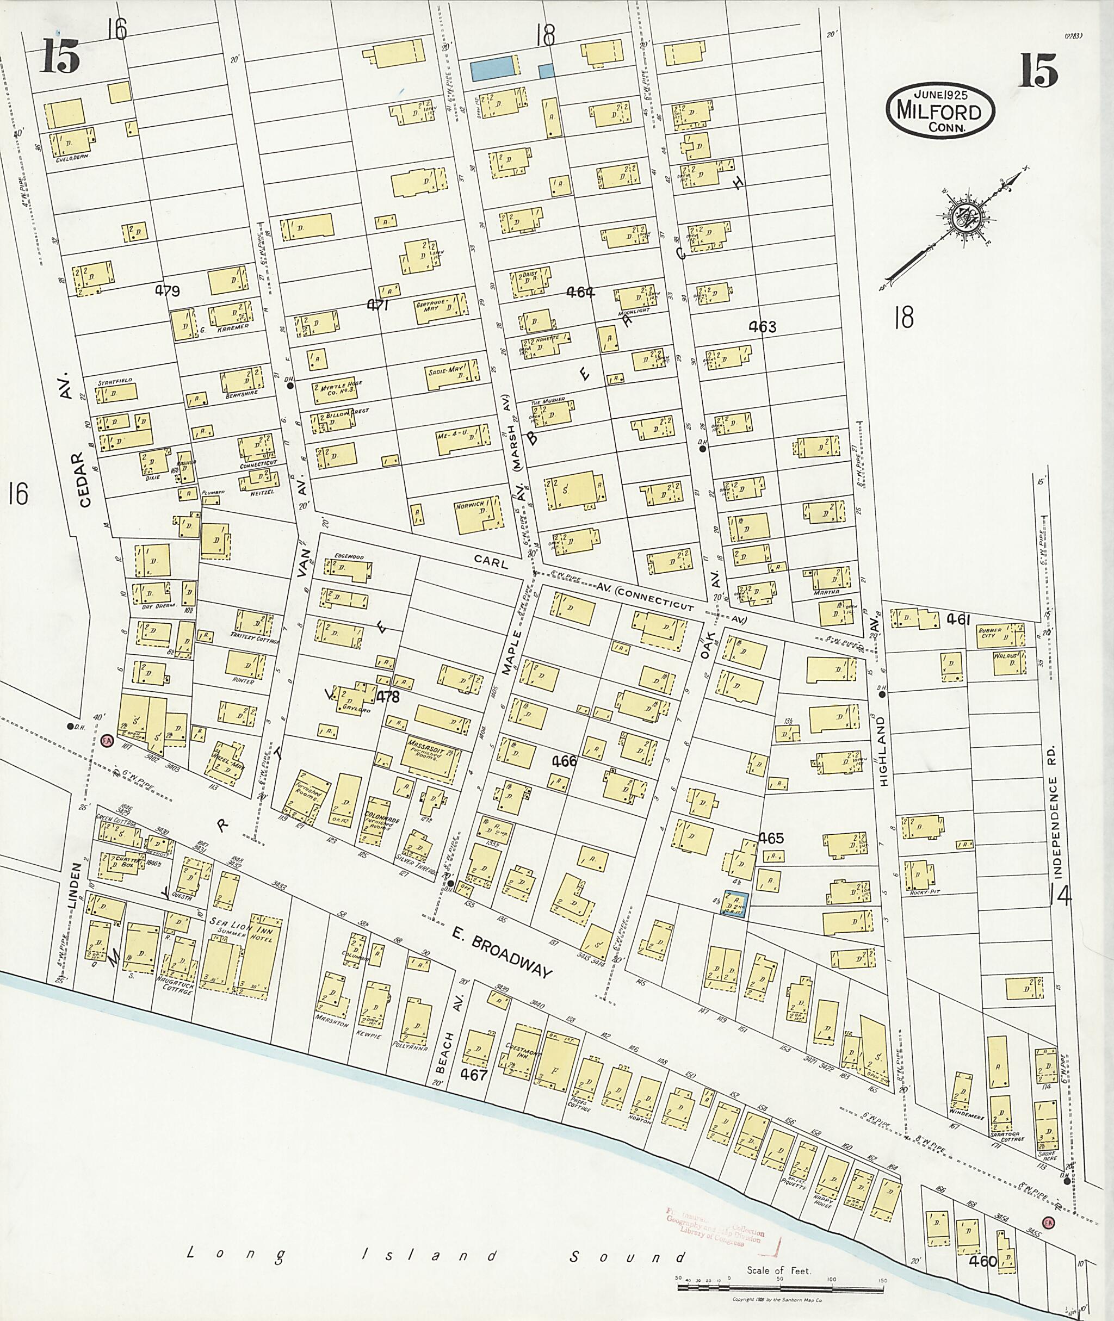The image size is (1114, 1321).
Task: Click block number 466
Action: tap(564, 761)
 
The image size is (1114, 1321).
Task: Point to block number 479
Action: tap(168, 291)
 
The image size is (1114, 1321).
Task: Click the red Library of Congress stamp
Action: tap(714, 1223)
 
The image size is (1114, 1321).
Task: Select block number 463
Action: tap(762, 326)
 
